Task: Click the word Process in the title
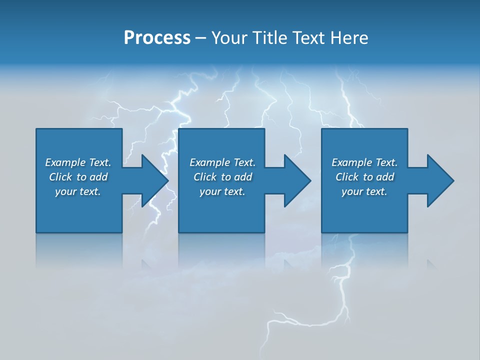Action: [x=157, y=38]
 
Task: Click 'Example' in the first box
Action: [x=65, y=162]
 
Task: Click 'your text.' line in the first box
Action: [x=78, y=192]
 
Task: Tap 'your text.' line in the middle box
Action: [x=222, y=192]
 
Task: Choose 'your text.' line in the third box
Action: [x=364, y=192]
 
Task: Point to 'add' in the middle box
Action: [x=243, y=177]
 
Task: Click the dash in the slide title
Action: [x=201, y=38]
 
